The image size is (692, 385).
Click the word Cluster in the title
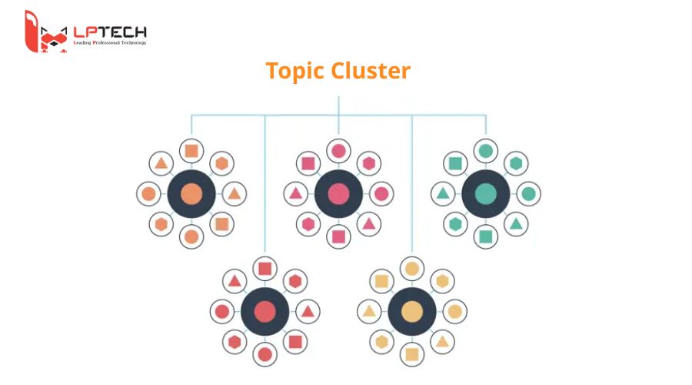(371, 71)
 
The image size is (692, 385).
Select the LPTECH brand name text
(109, 32)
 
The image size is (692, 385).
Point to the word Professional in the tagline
(113, 42)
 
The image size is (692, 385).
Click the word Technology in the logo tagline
(138, 42)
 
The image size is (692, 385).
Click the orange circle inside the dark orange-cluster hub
(191, 193)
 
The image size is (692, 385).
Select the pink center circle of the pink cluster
(338, 193)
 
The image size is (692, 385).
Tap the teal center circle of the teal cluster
(485, 193)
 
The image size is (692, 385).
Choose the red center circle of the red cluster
(265, 312)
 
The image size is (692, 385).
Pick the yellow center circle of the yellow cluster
(412, 312)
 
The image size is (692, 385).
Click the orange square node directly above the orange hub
(191, 150)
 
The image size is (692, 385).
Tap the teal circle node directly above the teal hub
(485, 150)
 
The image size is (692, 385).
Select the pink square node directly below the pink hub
(338, 236)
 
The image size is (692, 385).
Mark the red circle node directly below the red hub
(265, 355)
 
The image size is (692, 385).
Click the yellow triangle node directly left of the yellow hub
(369, 312)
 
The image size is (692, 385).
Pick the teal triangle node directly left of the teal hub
(443, 193)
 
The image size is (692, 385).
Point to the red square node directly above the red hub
(265, 269)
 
